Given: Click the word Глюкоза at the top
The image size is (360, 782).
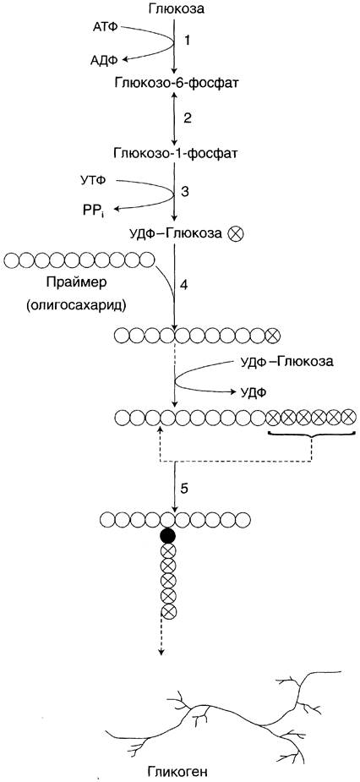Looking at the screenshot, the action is pyautogui.click(x=176, y=8).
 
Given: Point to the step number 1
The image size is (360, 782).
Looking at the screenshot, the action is pyautogui.click(x=187, y=41).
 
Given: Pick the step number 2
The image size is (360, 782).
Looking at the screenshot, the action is pyautogui.click(x=188, y=118).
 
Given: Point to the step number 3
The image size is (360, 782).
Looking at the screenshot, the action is pyautogui.click(x=187, y=192).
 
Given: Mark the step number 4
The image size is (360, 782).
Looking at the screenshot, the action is pyautogui.click(x=184, y=287).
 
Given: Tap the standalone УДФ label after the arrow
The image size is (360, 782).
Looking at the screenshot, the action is pyautogui.click(x=253, y=392).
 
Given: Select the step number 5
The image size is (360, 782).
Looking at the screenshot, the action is pyautogui.click(x=184, y=489).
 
